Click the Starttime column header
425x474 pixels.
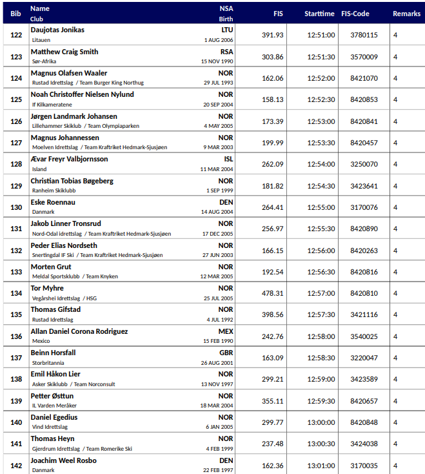tap(319, 14)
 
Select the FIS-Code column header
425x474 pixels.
tap(355, 14)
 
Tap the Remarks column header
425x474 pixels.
tap(406, 14)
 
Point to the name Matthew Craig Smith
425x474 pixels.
tap(64, 52)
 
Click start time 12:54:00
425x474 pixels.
tap(321, 164)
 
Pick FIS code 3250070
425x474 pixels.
tap(364, 164)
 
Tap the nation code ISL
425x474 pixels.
tap(228, 159)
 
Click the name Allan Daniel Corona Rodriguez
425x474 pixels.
tap(79, 331)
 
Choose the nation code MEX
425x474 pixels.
tap(226, 331)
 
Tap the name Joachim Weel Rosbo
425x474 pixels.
tap(64, 460)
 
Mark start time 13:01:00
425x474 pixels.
tap(321, 466)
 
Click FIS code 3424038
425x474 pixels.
tap(364, 444)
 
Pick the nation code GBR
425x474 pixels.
tap(226, 353)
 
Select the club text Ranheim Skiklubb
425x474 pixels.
tap(54, 191)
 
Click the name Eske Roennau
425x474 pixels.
tap(53, 202)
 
